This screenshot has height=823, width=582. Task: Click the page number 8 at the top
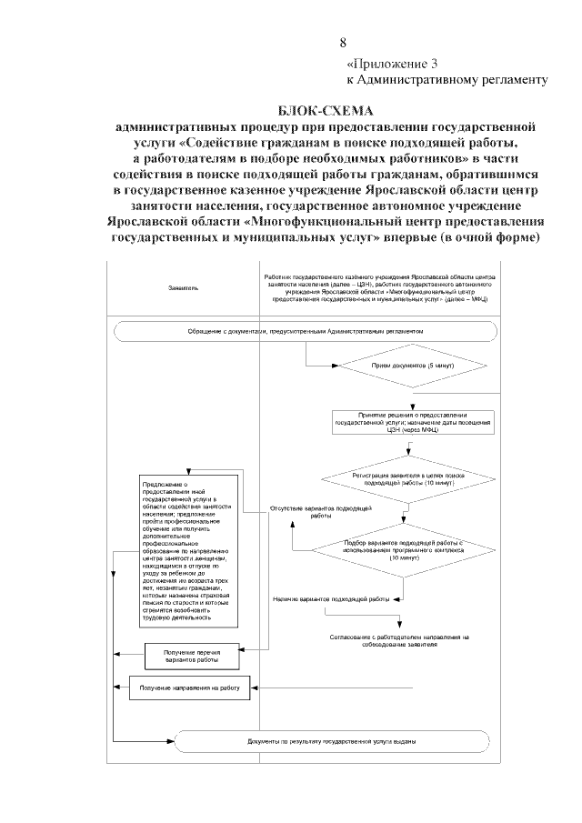point(343,43)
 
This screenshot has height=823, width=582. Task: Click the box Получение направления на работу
point(189,688)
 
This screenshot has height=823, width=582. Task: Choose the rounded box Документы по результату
point(332,741)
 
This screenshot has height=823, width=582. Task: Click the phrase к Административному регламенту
point(447,80)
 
